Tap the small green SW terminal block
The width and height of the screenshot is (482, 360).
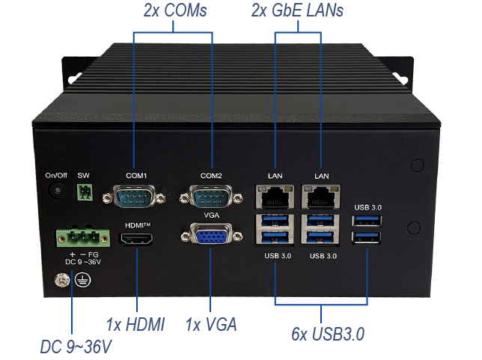point(85,192)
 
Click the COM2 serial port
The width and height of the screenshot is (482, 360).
point(210,198)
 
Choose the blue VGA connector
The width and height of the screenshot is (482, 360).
point(210,239)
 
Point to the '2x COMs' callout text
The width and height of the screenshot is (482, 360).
point(175,12)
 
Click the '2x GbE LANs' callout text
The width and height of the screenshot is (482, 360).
point(299,12)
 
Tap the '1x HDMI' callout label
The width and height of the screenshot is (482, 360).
point(135,324)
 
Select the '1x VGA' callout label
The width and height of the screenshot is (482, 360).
point(211,324)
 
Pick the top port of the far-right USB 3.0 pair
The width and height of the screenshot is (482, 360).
point(367,222)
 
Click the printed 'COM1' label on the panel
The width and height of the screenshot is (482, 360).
point(136,175)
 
